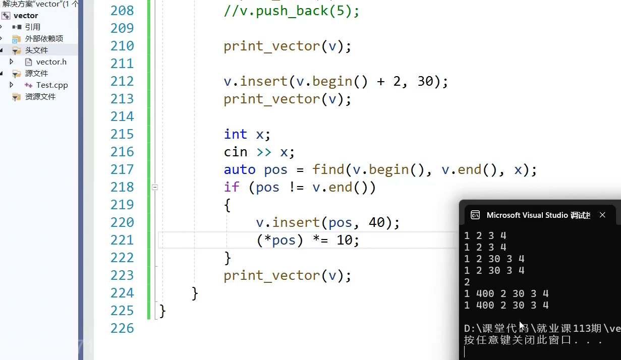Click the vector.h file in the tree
51,62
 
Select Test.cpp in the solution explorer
51,85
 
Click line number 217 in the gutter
122,169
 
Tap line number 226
122,328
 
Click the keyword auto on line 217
240,169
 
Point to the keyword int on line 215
235,134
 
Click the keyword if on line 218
231,187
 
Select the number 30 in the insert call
425,81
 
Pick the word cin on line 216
236,152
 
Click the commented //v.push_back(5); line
292,11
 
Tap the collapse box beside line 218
155,187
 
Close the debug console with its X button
602,215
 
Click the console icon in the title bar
475,215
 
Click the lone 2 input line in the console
467,282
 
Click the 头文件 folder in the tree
36,50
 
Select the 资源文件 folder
40,96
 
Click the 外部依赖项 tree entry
44,38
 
